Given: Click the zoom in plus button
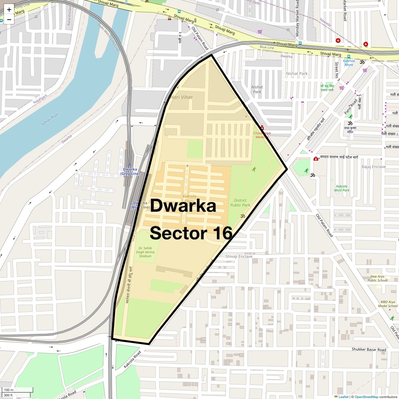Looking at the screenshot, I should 9,10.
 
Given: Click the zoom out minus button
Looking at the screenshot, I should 9,20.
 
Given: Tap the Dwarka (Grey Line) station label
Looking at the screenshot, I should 130,172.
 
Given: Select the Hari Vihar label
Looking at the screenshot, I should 182,97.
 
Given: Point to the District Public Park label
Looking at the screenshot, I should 240,203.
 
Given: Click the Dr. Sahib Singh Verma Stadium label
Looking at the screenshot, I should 145,252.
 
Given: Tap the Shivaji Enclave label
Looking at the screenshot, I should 239,256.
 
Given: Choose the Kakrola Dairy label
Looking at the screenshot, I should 189,199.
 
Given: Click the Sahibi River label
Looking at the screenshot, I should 50,119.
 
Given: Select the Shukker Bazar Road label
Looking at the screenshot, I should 369,349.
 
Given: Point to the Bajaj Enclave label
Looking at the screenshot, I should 374,167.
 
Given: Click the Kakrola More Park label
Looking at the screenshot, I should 342,188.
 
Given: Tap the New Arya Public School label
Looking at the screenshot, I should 377,278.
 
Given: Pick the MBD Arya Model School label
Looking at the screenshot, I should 388,304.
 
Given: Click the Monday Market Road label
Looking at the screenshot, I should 297,18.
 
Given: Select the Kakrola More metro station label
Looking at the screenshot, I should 349,63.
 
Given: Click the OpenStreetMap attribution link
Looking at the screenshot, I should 366,397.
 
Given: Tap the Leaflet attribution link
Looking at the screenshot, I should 343,397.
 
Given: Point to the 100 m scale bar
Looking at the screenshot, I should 17,390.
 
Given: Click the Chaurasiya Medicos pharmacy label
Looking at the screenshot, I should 262,135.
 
